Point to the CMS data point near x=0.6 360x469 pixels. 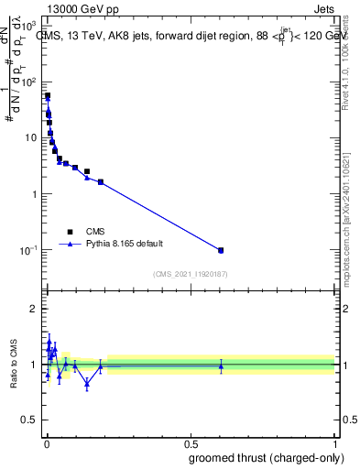click(x=221, y=250)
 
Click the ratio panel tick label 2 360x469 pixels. click(x=35, y=309)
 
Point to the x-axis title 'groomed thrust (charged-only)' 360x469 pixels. click(x=266, y=457)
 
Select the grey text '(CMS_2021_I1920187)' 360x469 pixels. click(x=191, y=273)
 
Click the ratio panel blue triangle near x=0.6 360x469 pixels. click(x=221, y=366)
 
